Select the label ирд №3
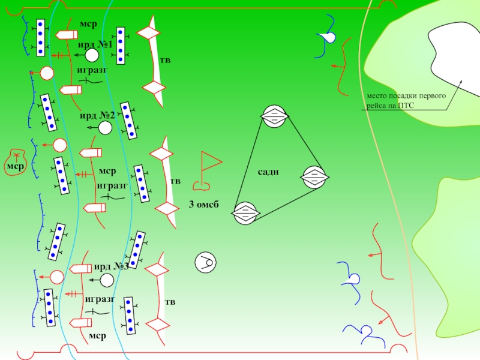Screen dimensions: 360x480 [111, 267]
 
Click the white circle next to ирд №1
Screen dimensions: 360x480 [92, 56]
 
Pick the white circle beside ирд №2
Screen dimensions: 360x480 [105, 128]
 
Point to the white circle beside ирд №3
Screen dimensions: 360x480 [107, 280]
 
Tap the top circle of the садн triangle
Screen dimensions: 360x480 [275, 116]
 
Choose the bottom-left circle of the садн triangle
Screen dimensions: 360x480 [245, 213]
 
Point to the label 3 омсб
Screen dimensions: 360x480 [203, 206]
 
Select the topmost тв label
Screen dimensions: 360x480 [165, 60]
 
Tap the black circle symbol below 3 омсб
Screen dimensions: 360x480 [205, 262]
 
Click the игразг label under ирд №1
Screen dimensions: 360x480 [92, 70]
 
